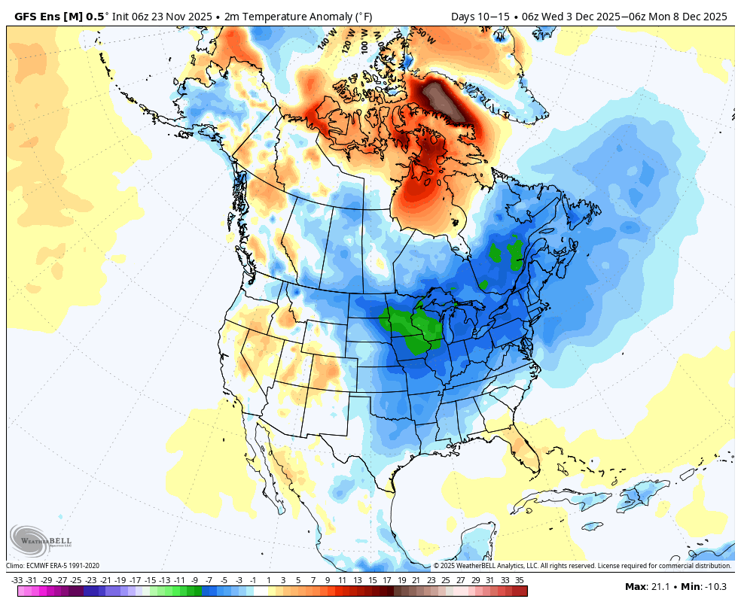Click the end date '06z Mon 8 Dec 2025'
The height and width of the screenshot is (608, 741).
coord(682,16)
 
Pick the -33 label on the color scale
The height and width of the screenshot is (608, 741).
coord(17,580)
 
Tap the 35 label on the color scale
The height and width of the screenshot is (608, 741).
coord(520,580)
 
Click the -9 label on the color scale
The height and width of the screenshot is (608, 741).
coord(194,580)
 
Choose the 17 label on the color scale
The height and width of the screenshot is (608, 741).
coord(386,580)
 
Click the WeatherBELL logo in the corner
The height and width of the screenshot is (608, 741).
coord(31,540)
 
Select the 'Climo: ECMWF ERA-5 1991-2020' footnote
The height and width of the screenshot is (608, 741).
coord(53,566)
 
